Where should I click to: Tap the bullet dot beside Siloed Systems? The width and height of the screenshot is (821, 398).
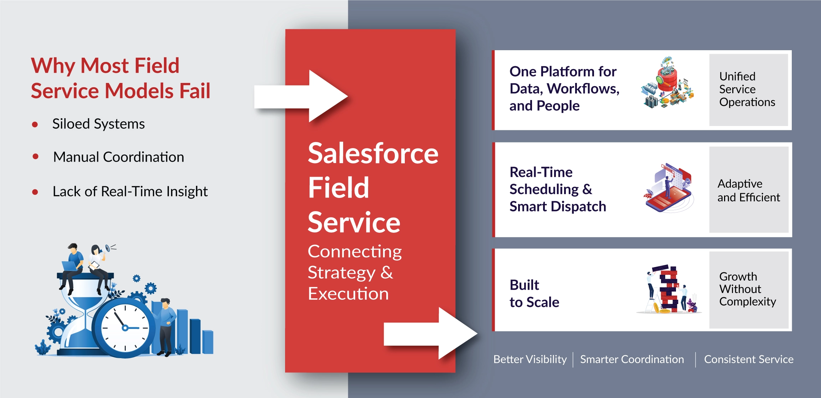pyautogui.click(x=35, y=125)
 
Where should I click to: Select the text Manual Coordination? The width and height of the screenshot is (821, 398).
pyautogui.click(x=118, y=157)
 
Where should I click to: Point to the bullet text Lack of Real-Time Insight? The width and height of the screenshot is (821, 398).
pyautogui.click(x=130, y=192)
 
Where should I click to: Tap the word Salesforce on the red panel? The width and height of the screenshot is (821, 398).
pyautogui.click(x=373, y=153)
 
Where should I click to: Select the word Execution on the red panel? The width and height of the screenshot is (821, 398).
pyautogui.click(x=348, y=294)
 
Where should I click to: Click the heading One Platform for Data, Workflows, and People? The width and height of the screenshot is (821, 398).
pyautogui.click(x=564, y=89)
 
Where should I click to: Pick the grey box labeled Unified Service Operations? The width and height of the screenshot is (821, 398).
pyautogui.click(x=748, y=90)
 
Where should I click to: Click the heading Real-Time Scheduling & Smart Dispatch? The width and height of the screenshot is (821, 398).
pyautogui.click(x=557, y=189)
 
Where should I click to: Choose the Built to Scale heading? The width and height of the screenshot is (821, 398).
pyautogui.click(x=534, y=293)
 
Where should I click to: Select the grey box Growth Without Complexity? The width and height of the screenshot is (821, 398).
pyautogui.click(x=748, y=289)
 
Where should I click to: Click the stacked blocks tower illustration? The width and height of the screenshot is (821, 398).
pyautogui.click(x=668, y=289)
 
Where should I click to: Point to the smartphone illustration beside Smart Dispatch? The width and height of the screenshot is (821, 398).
pyautogui.click(x=668, y=189)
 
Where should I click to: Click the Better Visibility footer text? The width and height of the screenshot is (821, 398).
pyautogui.click(x=530, y=359)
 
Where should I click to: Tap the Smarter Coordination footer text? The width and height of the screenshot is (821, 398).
pyautogui.click(x=632, y=359)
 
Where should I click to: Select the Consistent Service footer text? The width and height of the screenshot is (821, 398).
pyautogui.click(x=749, y=359)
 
